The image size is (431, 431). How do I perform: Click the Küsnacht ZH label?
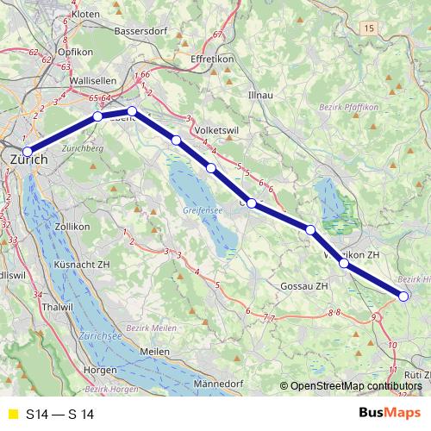81,265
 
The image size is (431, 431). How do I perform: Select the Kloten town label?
85,15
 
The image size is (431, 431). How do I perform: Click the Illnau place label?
259,91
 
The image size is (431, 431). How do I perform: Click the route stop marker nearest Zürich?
27,153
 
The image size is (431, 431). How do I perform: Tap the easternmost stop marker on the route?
403,297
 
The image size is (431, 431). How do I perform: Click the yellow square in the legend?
11,415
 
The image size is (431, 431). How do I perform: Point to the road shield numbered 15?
370,29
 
